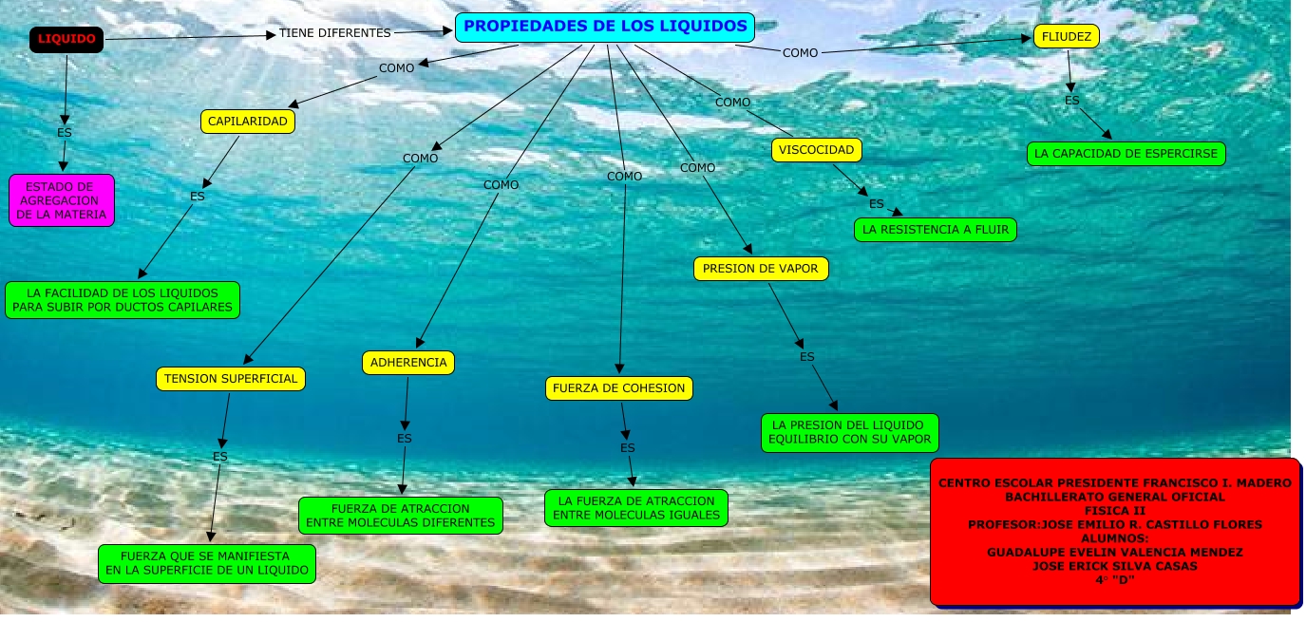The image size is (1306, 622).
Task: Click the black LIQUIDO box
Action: click(x=66, y=39)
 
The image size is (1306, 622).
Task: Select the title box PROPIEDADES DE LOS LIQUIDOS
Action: click(x=604, y=27)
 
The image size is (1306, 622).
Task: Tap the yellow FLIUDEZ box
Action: click(x=1066, y=37)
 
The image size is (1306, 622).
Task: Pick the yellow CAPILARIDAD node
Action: click(x=248, y=122)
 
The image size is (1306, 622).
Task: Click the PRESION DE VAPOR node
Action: click(x=761, y=269)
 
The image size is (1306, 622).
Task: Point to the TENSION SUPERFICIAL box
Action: click(x=231, y=379)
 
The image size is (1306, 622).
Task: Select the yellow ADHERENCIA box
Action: click(x=408, y=363)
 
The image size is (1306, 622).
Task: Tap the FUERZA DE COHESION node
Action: click(x=619, y=388)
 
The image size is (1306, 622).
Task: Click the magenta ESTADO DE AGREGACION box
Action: click(x=62, y=200)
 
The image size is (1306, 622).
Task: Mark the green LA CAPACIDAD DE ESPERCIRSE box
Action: click(x=1126, y=154)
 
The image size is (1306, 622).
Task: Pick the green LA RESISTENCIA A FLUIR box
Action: click(x=936, y=230)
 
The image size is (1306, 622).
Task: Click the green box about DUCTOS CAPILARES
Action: click(x=123, y=300)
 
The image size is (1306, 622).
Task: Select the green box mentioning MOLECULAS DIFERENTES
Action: click(x=400, y=516)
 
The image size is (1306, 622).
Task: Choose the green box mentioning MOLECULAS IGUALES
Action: click(x=636, y=508)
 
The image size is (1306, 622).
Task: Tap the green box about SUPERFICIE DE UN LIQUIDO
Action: click(x=207, y=563)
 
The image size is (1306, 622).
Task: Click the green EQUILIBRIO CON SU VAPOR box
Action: click(x=850, y=432)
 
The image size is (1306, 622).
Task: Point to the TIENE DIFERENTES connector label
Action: click(x=334, y=33)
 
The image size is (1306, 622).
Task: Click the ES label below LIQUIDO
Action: click(x=65, y=132)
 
